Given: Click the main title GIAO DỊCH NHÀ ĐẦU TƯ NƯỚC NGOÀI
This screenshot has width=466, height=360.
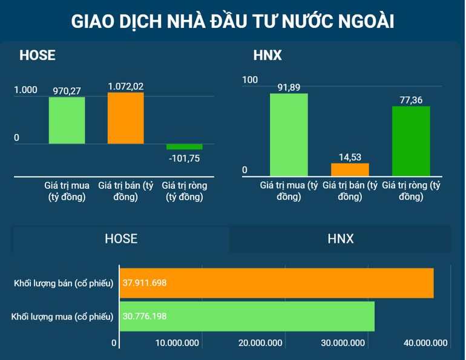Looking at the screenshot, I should [x=232, y=21].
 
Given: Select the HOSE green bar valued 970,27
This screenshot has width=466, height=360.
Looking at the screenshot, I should [x=67, y=120].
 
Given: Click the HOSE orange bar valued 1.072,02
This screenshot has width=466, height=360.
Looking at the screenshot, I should [x=125, y=118].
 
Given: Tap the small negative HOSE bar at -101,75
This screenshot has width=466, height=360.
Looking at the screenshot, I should [x=185, y=147].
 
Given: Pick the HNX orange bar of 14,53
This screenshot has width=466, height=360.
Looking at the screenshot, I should [x=350, y=169].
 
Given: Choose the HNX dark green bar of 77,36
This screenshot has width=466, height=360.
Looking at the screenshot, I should [x=411, y=140].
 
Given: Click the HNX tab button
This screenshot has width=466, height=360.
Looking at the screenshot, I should [x=340, y=238].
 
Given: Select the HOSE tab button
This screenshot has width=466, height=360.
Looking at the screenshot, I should [x=121, y=238].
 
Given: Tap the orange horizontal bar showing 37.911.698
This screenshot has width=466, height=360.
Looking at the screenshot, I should [x=277, y=283].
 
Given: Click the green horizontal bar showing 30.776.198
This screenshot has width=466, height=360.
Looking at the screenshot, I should [x=247, y=316].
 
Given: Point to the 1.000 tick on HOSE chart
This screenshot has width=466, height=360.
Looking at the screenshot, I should [x=25, y=90].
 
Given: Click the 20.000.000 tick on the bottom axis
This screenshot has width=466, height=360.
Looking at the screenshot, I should [x=261, y=343].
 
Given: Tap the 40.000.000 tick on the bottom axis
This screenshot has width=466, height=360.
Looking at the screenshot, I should [x=426, y=343].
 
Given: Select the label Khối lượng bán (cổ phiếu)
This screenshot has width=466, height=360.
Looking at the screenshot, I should [x=64, y=283].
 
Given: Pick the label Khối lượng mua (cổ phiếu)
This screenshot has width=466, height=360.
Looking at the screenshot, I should [x=64, y=316].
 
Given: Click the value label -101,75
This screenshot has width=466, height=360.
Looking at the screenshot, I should [x=185, y=159].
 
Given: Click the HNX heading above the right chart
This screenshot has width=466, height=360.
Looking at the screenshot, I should [x=267, y=56].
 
